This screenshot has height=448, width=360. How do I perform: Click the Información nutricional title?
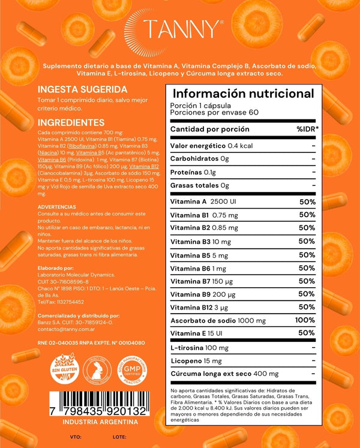[243, 94]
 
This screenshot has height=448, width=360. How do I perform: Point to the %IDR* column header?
[307, 130]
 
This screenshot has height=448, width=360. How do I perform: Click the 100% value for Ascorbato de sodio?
[305, 321]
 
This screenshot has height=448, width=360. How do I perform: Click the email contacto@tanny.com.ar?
[66, 330]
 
